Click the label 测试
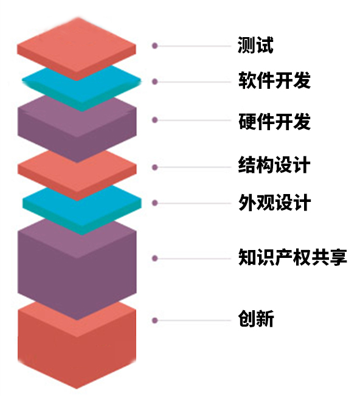pyautogui.click(x=255, y=45)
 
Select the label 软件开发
pyautogui.click(x=274, y=80)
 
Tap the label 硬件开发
pyautogui.click(x=274, y=122)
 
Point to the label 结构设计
pyautogui.click(x=274, y=165)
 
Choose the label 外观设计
pyautogui.click(x=274, y=203)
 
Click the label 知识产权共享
pyautogui.click(x=293, y=257)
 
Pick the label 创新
pyautogui.click(x=256, y=319)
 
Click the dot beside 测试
pyautogui.click(x=154, y=46)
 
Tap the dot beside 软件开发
pyautogui.click(x=154, y=82)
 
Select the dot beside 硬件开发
pyautogui.click(x=154, y=120)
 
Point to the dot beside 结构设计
pyautogui.click(x=154, y=167)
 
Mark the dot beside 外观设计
pyautogui.click(x=154, y=203)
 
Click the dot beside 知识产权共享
pyautogui.click(x=154, y=258)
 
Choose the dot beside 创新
pyautogui.click(x=154, y=320)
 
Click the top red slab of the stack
pyautogui.click(x=77, y=48)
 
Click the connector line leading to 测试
pyautogui.click(x=195, y=46)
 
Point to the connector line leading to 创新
pyautogui.click(x=195, y=321)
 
